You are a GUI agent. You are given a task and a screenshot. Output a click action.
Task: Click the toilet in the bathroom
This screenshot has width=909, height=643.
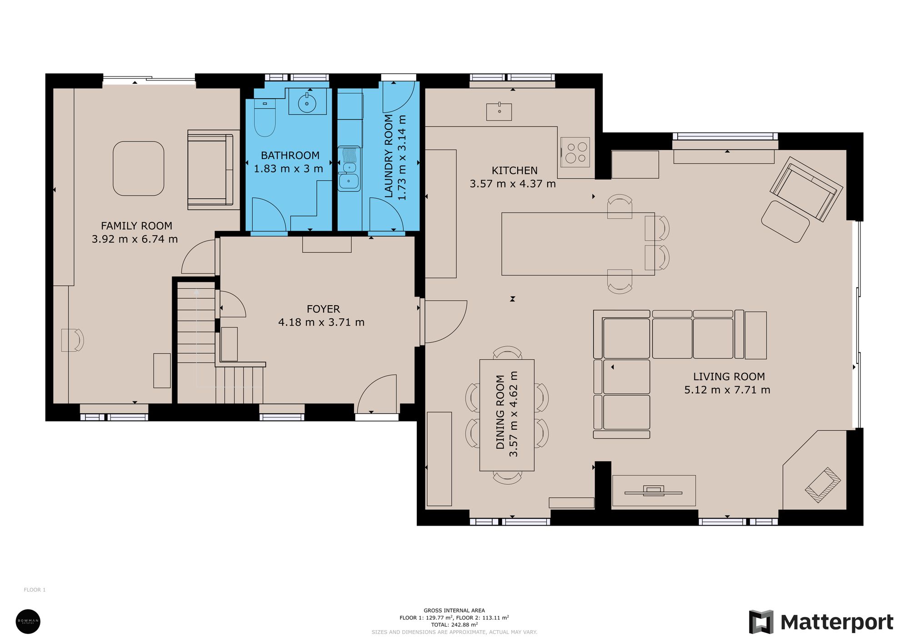click(265, 119)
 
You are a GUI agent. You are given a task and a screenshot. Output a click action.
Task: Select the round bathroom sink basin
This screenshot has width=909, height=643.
click(307, 103)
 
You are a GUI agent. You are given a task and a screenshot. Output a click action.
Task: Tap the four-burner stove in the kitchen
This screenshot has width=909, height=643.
click(576, 152)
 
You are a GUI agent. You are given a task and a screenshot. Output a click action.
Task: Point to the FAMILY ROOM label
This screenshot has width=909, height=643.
click(136, 226)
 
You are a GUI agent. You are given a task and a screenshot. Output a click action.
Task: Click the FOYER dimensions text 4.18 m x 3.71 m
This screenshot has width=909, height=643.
click(321, 322)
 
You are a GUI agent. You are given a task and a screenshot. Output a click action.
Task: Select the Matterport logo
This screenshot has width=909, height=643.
click(821, 622)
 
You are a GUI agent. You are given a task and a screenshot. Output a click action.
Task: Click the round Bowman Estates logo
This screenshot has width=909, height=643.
click(28, 621)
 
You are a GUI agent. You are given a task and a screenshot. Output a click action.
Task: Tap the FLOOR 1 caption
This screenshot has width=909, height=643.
click(35, 590)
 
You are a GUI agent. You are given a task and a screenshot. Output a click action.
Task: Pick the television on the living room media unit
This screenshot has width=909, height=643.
click(653, 491)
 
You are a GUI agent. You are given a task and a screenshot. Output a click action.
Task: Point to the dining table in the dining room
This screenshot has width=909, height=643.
click(507, 415)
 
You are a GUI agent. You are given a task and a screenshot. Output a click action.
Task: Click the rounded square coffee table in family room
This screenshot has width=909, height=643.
click(139, 168)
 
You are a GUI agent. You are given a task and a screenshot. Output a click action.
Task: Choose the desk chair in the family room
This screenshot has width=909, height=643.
click(73, 340)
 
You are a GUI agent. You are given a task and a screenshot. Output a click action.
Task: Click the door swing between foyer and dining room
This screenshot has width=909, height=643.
click(443, 321)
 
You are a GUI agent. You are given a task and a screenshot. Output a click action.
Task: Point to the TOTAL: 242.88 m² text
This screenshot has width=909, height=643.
click(454, 625)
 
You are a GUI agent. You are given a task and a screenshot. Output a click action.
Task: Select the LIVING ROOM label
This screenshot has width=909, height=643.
click(729, 377)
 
